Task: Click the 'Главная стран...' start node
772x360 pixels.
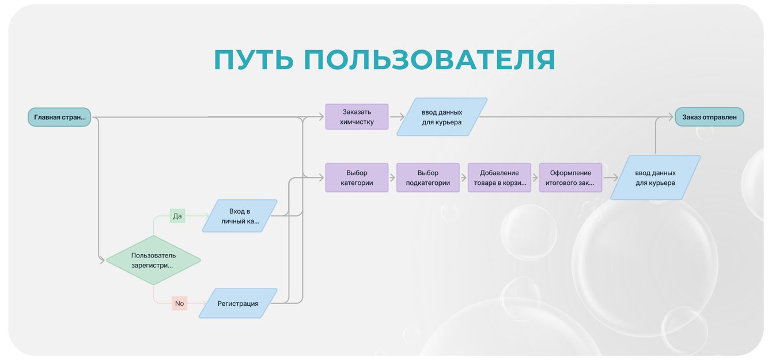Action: pos(59,118)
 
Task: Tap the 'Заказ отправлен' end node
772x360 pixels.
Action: pos(709,117)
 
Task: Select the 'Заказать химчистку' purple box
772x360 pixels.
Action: pos(357,117)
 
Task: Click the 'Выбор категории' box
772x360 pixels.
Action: pos(357,177)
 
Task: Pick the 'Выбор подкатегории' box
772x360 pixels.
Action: pos(427,177)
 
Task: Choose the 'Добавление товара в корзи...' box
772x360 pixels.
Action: pos(499,177)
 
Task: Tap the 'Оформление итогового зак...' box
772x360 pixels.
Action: pos(570,177)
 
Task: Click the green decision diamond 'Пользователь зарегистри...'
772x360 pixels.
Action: pos(153,260)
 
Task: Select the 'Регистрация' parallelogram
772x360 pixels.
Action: pos(238,304)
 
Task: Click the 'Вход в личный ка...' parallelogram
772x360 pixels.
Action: pos(240,215)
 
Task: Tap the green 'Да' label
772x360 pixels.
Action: pos(177,216)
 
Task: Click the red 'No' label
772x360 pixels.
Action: pos(179,304)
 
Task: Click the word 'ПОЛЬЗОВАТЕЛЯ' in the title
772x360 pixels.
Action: pos(430,60)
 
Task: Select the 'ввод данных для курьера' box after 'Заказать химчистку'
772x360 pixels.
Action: pos(442,117)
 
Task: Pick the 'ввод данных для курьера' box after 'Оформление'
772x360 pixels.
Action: pos(655,177)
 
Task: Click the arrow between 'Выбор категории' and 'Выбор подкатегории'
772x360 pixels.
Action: pos(392,177)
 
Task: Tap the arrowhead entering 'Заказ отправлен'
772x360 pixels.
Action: pos(670,117)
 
